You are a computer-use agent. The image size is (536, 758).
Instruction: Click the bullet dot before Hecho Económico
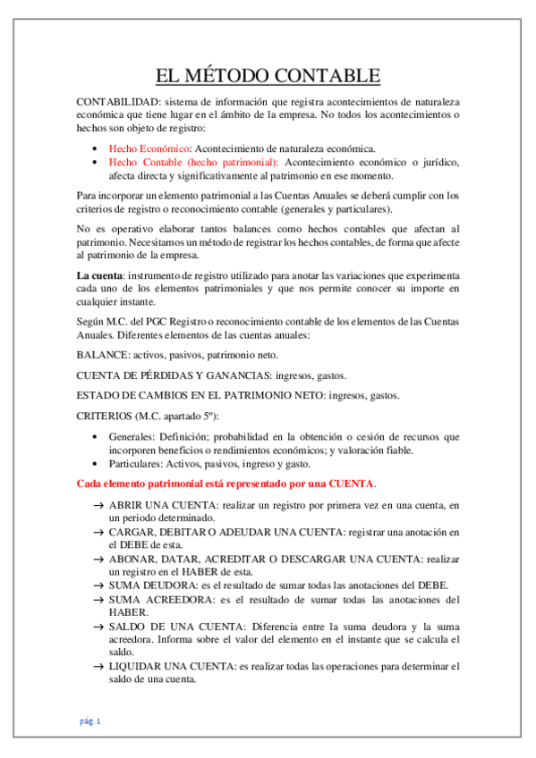(x=96, y=149)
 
